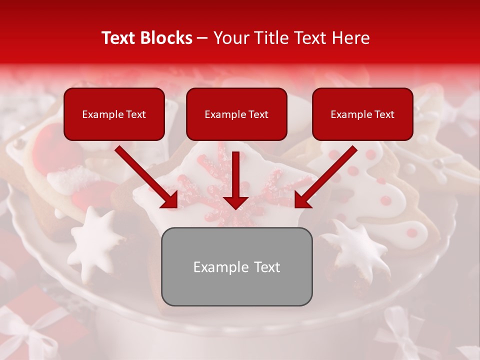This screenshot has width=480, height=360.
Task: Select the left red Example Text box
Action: [114, 114]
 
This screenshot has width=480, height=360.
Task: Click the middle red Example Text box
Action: [236, 114]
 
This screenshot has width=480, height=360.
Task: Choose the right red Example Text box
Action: [362, 114]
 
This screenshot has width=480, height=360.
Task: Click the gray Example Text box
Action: [237, 266]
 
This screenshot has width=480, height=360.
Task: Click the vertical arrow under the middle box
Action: [236, 180]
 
